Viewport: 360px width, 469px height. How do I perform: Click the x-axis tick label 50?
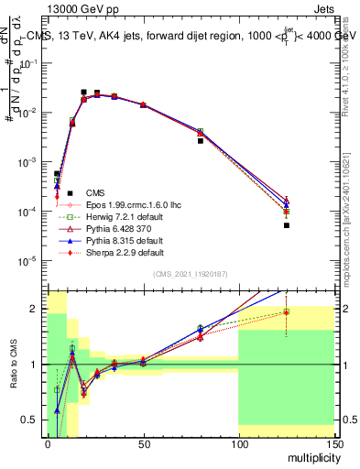(142, 444)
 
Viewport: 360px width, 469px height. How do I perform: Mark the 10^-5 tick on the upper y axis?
(30, 260)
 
